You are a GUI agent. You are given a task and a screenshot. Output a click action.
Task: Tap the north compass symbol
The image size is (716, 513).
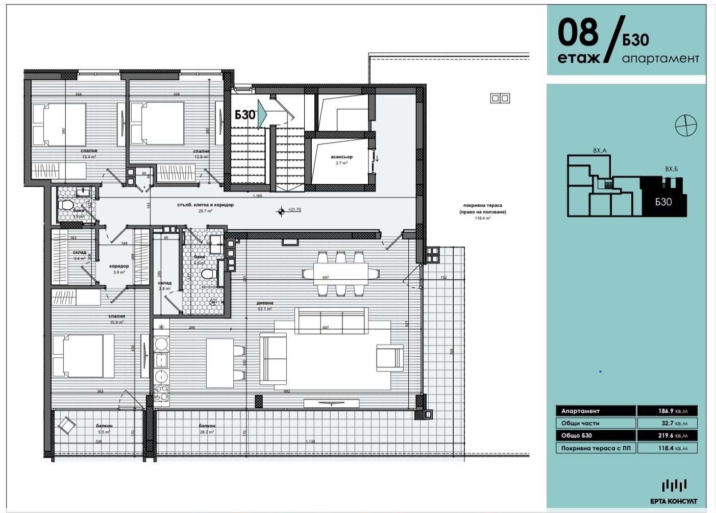685,125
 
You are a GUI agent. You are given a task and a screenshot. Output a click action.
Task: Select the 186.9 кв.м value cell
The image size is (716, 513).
666,411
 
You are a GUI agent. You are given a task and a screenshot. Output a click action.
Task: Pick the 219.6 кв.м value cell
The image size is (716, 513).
666,435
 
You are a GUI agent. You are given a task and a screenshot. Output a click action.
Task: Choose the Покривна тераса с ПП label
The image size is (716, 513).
595,448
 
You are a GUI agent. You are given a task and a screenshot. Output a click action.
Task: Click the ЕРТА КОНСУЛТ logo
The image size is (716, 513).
674,492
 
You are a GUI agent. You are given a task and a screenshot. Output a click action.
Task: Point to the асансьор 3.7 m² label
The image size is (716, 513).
341,160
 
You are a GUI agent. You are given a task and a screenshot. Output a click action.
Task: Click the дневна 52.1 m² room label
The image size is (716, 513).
264,306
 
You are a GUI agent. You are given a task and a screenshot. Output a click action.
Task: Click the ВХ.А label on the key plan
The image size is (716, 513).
600,151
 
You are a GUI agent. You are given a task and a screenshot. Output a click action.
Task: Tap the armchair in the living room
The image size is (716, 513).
390,356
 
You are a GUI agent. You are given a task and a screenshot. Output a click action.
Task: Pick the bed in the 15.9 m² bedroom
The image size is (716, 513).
83,356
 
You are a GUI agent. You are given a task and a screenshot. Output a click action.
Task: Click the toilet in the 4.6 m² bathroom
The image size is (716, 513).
208,274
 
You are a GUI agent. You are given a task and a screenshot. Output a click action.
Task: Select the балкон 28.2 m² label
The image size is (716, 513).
207,428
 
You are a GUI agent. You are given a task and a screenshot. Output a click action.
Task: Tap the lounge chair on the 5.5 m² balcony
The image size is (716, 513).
66,425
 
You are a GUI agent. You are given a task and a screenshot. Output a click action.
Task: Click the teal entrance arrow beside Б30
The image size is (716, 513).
262,114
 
